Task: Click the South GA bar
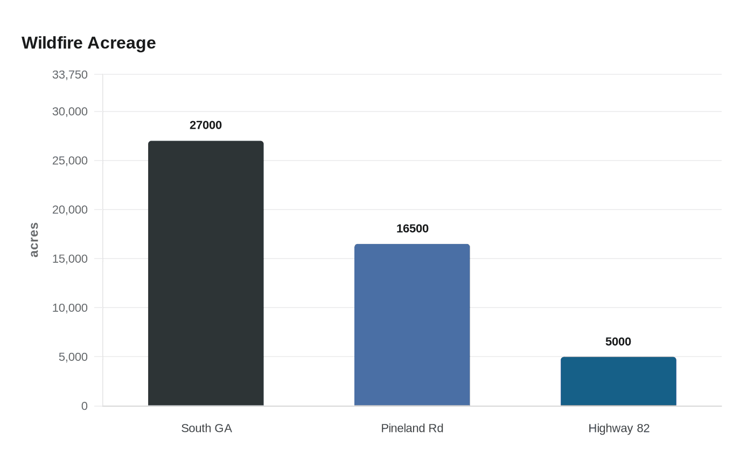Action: [206, 273]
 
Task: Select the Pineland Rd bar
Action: [412, 325]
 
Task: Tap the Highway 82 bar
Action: [618, 381]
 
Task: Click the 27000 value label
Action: [206, 125]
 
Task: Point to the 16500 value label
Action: [413, 228]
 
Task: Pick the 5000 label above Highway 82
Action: [618, 341]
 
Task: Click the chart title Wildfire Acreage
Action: [89, 43]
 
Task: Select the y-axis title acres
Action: [34, 240]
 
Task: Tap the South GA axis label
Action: [206, 428]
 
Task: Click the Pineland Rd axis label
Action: [412, 428]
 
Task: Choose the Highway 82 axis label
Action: [619, 428]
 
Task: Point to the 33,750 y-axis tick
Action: [70, 75]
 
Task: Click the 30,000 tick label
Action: [70, 111]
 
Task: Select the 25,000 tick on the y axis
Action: [70, 161]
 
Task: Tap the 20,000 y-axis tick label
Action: [70, 210]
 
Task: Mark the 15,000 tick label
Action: [70, 259]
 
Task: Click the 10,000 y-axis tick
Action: [70, 308]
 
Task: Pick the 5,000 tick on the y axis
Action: [73, 357]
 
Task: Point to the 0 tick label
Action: [85, 406]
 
